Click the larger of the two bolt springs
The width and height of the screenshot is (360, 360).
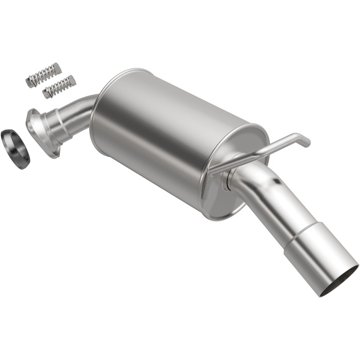43,75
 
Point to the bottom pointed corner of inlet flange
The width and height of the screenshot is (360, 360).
54,156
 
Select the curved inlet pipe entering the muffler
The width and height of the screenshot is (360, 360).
81,108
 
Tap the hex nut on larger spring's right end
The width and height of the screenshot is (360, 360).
57,69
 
